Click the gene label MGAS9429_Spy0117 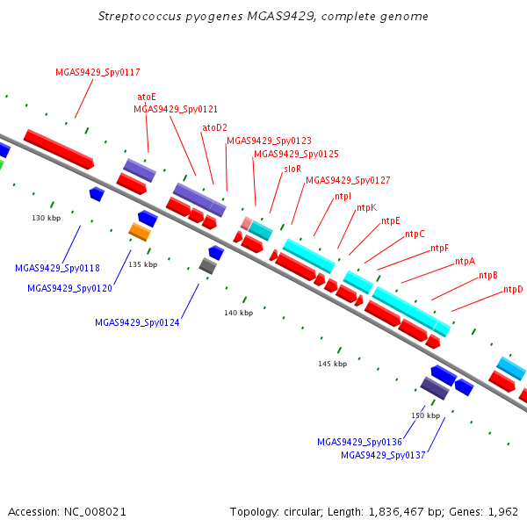tap(97, 72)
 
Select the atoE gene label tap(147, 97)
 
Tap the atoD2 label tap(215, 127)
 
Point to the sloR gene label tap(292, 169)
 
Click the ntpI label tap(343, 196)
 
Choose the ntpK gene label tap(366, 207)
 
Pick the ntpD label tap(513, 289)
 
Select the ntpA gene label tap(466, 261)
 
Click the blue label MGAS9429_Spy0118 tap(57, 268)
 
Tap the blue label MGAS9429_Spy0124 tap(137, 322)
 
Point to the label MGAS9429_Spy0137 tap(383, 455)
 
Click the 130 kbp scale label tap(47, 218)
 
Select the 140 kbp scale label tap(239, 313)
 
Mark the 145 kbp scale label tap(333, 364)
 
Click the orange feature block tap(140, 232)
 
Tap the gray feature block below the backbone tap(207, 266)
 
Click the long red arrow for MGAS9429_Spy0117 tap(59, 149)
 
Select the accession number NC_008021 tap(95, 512)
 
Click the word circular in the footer tap(303, 512)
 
